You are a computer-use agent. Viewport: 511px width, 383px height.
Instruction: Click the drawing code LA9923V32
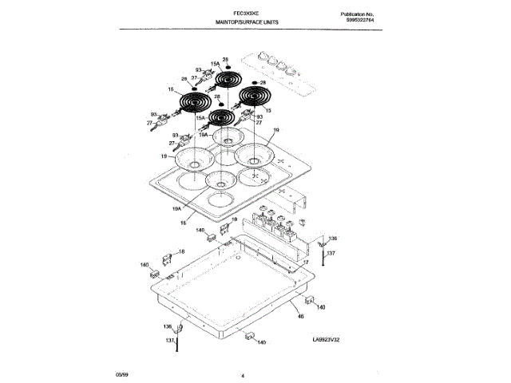coord(331,339)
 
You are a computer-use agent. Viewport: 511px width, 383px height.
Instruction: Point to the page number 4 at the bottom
coord(241,373)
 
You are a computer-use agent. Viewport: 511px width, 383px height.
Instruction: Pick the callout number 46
coord(300,318)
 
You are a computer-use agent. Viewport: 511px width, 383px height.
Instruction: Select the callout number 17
coord(304,261)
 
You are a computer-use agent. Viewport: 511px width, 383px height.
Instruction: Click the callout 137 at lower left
coord(169,341)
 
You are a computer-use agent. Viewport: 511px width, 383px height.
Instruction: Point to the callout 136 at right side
coord(333,238)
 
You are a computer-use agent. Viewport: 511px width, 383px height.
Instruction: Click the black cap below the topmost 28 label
coord(225,67)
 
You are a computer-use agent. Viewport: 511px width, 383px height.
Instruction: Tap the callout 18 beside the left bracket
coord(180,252)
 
